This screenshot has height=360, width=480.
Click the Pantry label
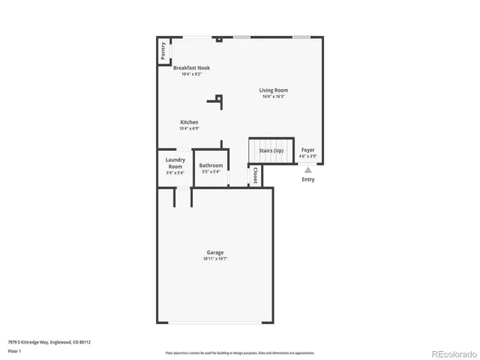click(163, 51)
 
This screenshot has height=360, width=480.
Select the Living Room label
click(275, 91)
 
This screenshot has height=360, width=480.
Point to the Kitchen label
click(189, 122)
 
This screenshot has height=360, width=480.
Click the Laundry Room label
click(175, 163)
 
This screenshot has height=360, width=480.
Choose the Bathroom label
click(211, 166)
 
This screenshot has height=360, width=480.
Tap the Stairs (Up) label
click(271, 151)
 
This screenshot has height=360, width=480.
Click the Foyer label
click(308, 150)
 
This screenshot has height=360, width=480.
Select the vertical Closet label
click(255, 175)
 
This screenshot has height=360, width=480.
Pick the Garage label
click(215, 253)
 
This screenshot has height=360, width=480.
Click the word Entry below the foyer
click(308, 179)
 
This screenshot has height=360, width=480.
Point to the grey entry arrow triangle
click(308, 170)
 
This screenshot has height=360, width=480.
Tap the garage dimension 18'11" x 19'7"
click(215, 259)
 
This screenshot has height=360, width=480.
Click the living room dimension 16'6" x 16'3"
click(275, 97)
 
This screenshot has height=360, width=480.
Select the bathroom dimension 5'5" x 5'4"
click(211, 172)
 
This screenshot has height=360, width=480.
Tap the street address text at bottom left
click(49, 342)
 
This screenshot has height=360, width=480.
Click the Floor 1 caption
click(15, 350)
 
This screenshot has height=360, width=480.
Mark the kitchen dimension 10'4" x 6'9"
click(189, 128)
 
